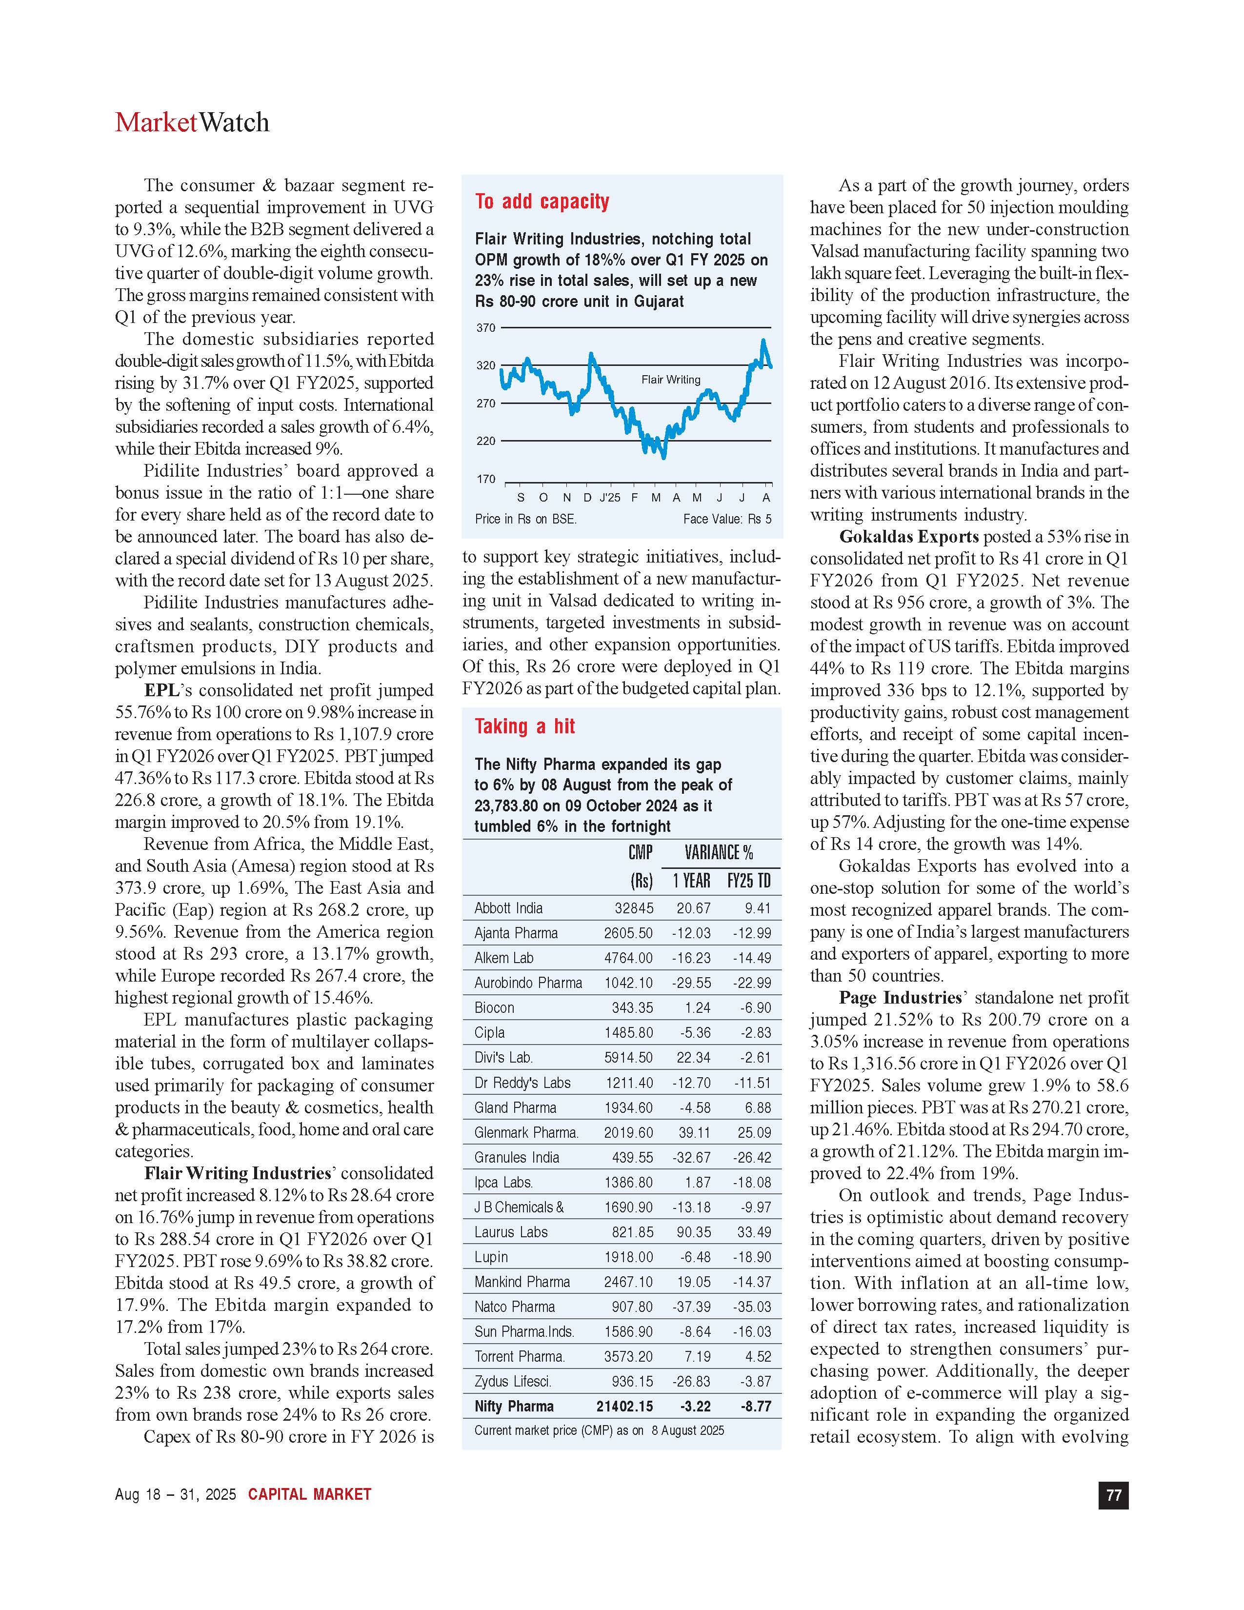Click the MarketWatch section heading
click(x=192, y=122)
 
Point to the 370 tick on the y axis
click(x=486, y=327)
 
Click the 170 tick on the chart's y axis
click(x=486, y=479)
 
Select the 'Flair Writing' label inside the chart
click(x=671, y=380)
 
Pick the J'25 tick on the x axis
click(x=609, y=498)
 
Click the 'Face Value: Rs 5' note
click(x=727, y=519)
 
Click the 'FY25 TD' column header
click(x=749, y=881)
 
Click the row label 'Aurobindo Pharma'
click(x=528, y=983)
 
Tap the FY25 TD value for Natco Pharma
click(x=752, y=1307)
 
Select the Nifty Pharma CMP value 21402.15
click(x=624, y=1407)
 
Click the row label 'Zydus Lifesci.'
click(x=513, y=1382)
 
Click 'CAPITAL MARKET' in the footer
click(x=309, y=1494)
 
